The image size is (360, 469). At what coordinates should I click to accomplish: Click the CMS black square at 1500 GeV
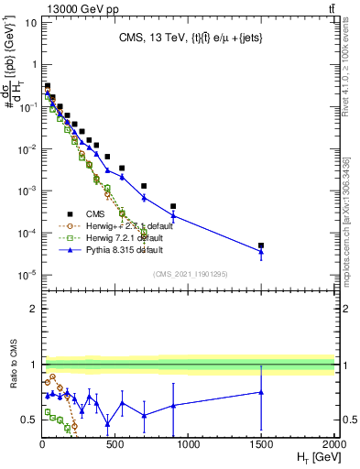(x=261, y=245)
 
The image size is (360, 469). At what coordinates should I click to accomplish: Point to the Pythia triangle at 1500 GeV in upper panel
(x=261, y=252)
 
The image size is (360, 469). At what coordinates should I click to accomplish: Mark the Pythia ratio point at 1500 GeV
(x=261, y=392)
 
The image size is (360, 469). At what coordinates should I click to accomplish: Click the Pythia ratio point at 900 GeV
(x=173, y=405)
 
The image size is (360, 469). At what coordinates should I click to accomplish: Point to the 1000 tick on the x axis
(x=189, y=443)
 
